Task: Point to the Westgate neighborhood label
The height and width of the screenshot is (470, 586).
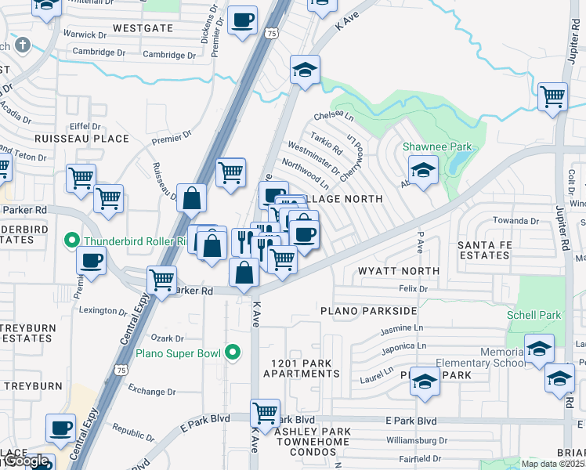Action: click(142, 27)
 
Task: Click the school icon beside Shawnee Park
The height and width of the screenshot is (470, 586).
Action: click(423, 170)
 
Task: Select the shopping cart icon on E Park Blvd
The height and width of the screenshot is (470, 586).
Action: click(266, 411)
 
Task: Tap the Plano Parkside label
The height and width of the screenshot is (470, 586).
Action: click(368, 311)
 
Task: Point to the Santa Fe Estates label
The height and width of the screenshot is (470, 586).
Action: click(484, 250)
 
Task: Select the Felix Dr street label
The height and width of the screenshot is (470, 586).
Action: click(412, 289)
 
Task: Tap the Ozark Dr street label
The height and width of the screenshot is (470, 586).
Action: click(168, 339)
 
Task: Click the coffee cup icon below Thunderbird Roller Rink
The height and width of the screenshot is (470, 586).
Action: click(92, 261)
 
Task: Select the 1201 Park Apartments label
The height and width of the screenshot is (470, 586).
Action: click(302, 369)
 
